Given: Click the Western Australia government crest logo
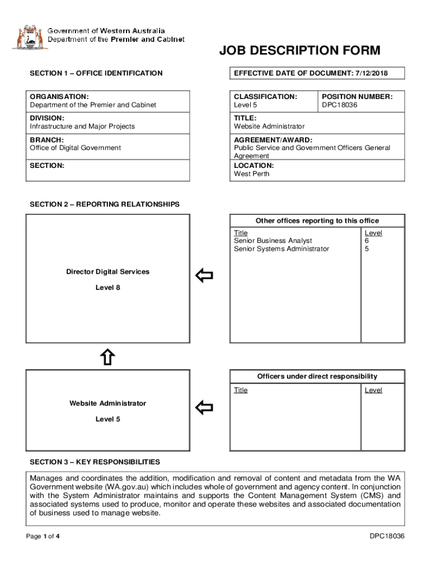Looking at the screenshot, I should pos(27,37).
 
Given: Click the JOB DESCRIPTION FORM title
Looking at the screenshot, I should pos(299,51).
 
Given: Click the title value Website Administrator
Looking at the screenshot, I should pos(269,126).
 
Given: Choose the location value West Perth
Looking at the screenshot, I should pos(251,173).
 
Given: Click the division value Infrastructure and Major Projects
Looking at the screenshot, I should pos(82,126).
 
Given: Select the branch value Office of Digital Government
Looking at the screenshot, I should pos(75,148).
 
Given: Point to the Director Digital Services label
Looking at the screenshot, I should pos(108,272).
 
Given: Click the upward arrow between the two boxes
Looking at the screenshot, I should pos(108,357).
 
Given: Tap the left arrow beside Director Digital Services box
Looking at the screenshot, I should pos(204,275).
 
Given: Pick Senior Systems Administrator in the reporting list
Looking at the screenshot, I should pos(282,248).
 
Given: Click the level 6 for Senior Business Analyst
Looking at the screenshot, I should pos(367,241).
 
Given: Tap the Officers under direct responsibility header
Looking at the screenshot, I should pos(317,377).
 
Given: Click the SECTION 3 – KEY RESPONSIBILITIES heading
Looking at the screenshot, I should pos(95,462).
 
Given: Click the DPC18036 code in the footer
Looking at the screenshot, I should pos(387,537).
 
